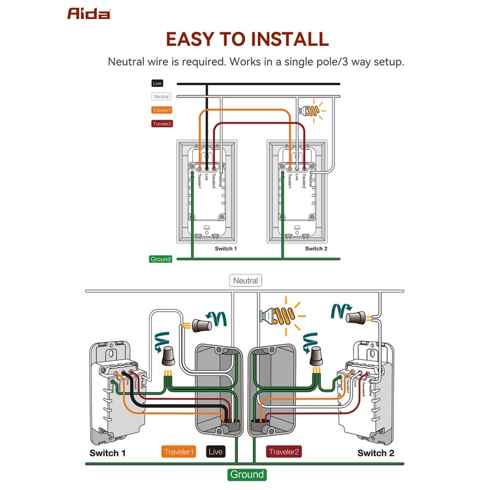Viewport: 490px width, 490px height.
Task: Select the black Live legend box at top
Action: point(158,83)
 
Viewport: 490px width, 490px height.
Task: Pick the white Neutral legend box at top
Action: point(161,96)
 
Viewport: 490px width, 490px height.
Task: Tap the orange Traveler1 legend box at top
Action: point(162,110)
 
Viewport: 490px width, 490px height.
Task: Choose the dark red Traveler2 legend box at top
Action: point(162,124)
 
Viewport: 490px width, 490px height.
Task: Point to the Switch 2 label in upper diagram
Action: point(316,249)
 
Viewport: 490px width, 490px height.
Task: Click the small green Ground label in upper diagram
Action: point(160,259)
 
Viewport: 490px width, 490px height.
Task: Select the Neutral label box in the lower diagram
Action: point(246,281)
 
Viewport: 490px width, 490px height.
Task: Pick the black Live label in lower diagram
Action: point(216,453)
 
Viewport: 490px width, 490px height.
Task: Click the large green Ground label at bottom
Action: point(247,474)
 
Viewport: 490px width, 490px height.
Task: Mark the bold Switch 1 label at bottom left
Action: point(108,453)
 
